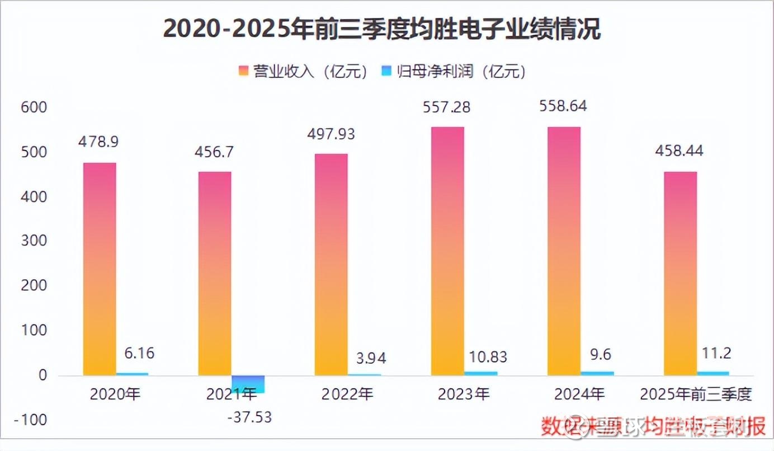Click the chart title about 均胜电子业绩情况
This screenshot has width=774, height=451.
[x=382, y=29]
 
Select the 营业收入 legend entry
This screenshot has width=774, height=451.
[x=303, y=71]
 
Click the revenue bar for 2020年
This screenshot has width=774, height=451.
[x=100, y=269]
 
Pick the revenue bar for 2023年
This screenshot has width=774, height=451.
[x=447, y=251]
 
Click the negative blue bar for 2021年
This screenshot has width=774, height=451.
[x=248, y=384]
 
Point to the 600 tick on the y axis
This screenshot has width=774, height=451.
[x=34, y=107]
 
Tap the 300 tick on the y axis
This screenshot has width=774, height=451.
[x=34, y=242]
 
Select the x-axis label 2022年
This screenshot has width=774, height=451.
[x=347, y=394]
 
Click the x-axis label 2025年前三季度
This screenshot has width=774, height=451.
[x=696, y=394]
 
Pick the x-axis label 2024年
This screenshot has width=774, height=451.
[x=579, y=394]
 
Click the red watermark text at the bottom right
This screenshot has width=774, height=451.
[x=652, y=427]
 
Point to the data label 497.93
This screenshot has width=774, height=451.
[x=331, y=134]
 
